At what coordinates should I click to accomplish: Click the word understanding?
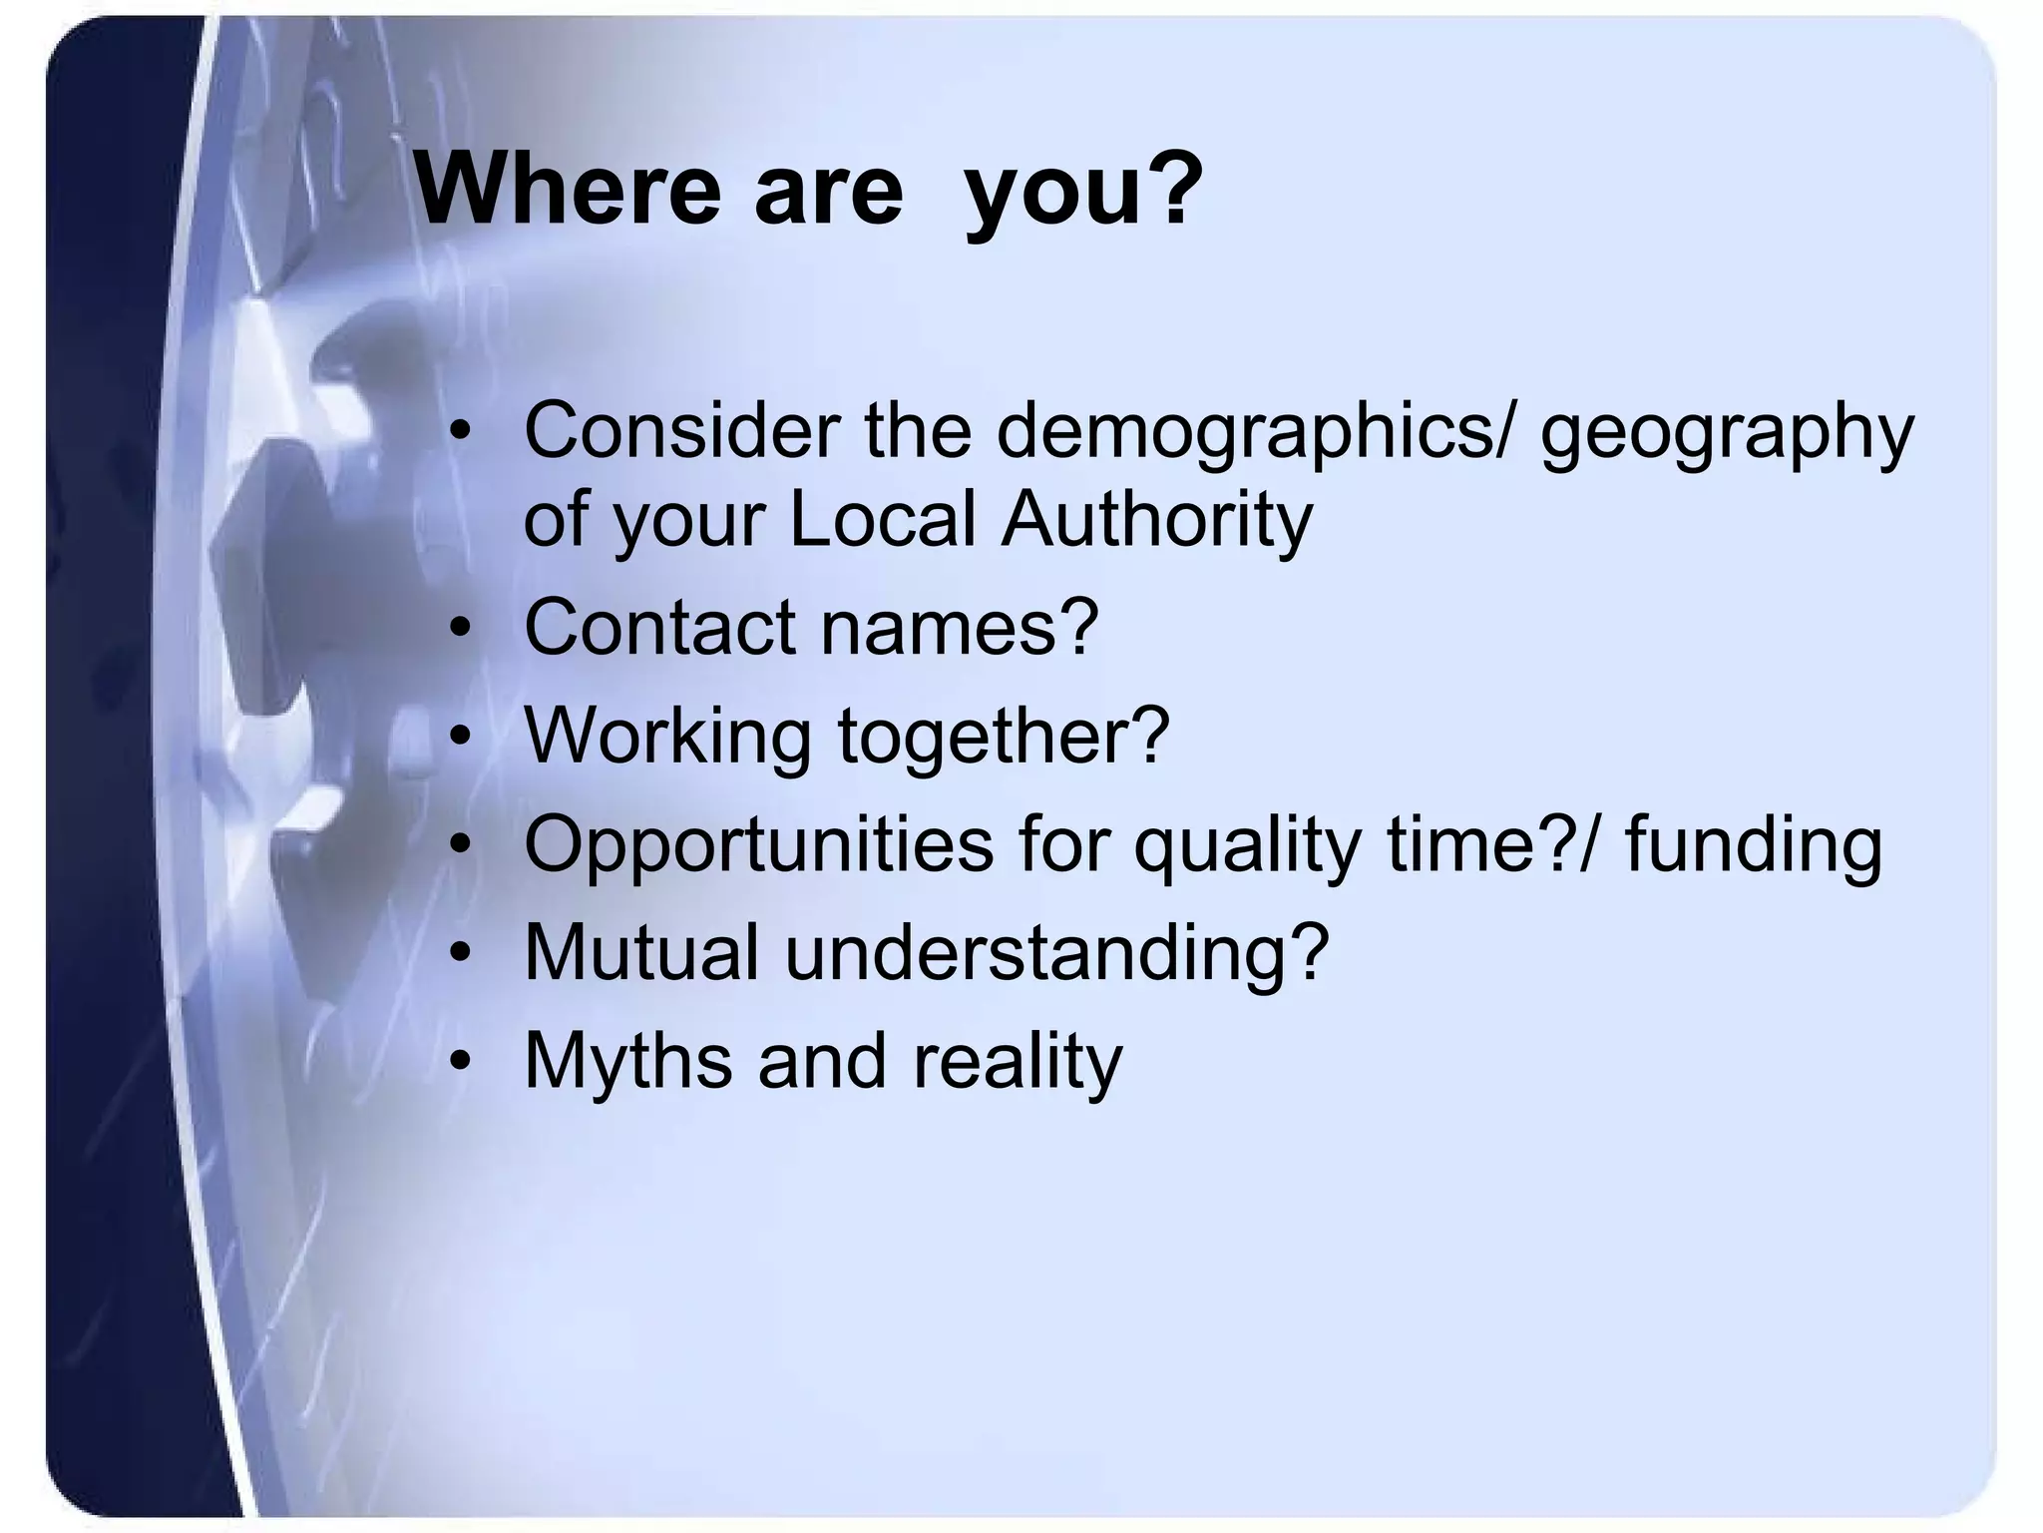point(1057,954)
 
